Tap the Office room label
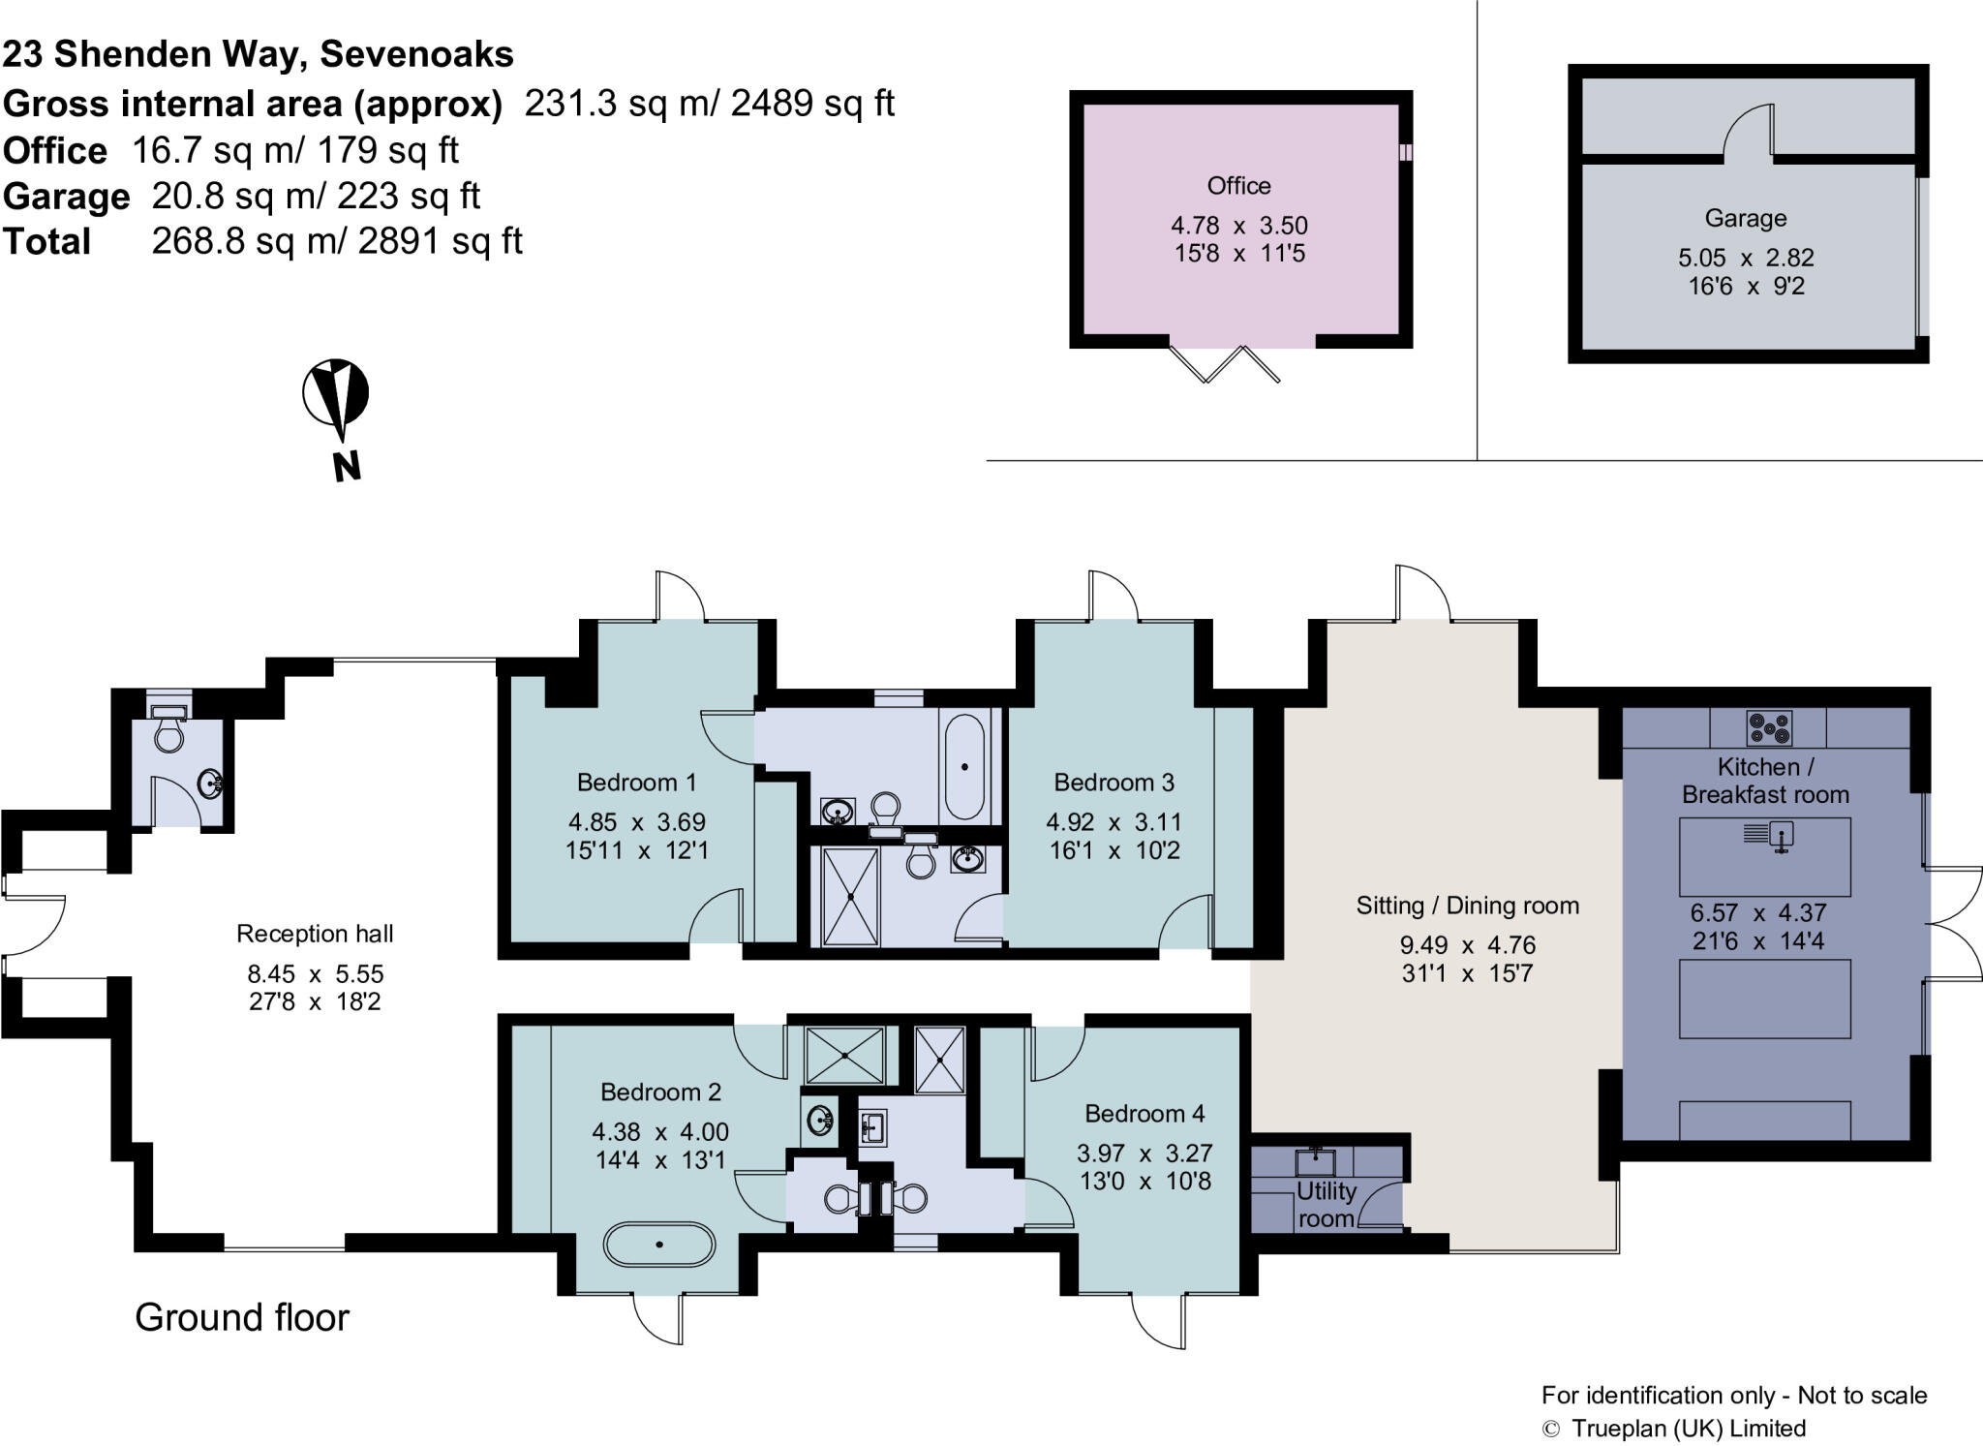point(1238,185)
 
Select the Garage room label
point(1745,218)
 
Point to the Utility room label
point(1326,1204)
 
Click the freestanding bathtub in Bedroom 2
point(658,1244)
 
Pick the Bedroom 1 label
point(636,782)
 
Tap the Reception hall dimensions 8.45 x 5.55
point(316,973)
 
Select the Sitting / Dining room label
point(1467,906)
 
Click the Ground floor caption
point(242,1317)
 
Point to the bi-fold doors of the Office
point(1225,363)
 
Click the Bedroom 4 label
point(1144,1114)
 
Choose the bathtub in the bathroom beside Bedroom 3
point(964,766)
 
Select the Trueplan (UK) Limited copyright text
point(1688,1429)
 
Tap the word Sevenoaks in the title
point(416,54)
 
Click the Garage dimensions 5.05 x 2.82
point(1746,259)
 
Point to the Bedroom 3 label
point(1114,782)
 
